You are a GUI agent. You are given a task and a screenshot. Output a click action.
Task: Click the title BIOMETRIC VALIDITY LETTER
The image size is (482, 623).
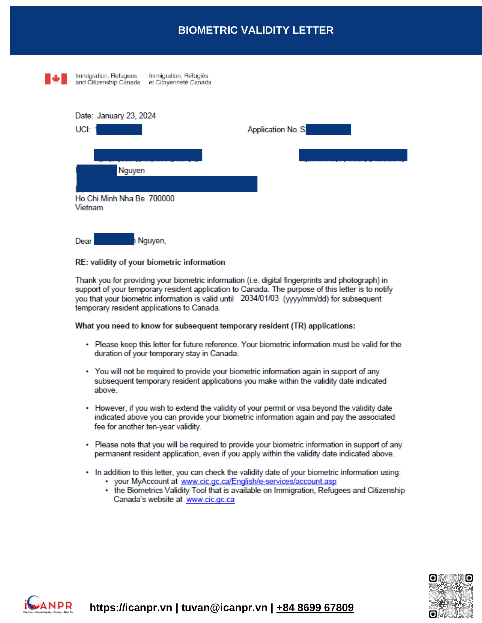pyautogui.click(x=255, y=30)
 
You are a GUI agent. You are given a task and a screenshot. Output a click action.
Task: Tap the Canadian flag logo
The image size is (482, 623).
pyautogui.click(x=56, y=79)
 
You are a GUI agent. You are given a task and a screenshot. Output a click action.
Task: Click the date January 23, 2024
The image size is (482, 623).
pyautogui.click(x=126, y=116)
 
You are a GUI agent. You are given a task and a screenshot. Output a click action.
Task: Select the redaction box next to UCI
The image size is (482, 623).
pyautogui.click(x=119, y=129)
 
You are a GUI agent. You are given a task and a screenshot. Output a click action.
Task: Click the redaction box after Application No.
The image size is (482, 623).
pyautogui.click(x=328, y=129)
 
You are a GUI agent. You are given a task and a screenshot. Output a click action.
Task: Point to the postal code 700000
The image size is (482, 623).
pyautogui.click(x=161, y=199)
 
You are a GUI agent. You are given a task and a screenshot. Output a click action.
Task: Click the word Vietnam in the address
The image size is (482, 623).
pyautogui.click(x=89, y=208)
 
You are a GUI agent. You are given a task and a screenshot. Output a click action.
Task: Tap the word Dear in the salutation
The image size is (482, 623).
pyautogui.click(x=83, y=241)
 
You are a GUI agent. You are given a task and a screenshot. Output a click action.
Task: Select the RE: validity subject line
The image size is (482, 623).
pyautogui.click(x=150, y=262)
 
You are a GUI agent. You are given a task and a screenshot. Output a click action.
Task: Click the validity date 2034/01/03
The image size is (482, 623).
pyautogui.click(x=259, y=298)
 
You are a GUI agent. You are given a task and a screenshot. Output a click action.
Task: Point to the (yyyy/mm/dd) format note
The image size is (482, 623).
pyautogui.click(x=306, y=299)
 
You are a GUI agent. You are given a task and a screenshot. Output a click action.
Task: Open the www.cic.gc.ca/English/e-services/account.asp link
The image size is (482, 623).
pyautogui.click(x=258, y=481)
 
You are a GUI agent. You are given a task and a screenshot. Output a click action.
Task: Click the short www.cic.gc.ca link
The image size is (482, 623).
pyautogui.click(x=210, y=500)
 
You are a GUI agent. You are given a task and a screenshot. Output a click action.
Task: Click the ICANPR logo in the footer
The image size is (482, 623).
pyautogui.click(x=48, y=605)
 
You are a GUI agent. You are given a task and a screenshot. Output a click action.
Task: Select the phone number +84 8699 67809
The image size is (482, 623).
pyautogui.click(x=315, y=608)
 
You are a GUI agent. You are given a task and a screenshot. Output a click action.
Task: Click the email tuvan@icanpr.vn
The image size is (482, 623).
pyautogui.click(x=224, y=608)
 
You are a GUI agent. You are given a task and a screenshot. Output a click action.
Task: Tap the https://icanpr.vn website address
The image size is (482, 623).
pyautogui.click(x=131, y=608)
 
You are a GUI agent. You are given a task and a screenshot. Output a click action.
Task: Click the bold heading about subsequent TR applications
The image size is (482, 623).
pyautogui.click(x=215, y=326)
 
